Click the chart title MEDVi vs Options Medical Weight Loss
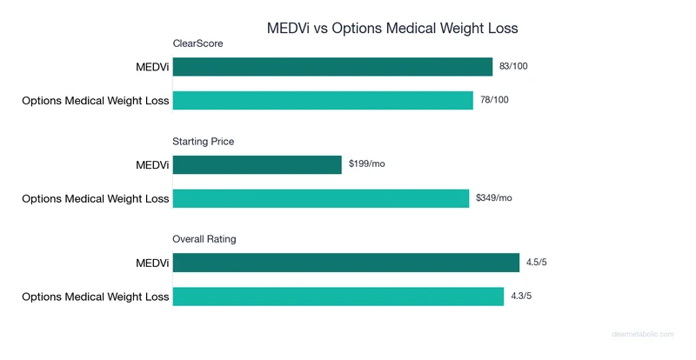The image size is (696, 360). click(x=391, y=28)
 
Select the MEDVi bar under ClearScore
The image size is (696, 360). click(x=332, y=67)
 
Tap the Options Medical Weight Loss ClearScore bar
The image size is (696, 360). click(x=323, y=100)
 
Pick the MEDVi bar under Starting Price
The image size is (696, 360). click(x=258, y=164)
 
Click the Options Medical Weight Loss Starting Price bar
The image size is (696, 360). click(x=321, y=198)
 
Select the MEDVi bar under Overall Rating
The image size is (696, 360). click(x=346, y=263)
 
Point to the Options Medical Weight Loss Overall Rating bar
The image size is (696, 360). click(x=338, y=297)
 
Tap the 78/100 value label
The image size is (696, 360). click(x=494, y=100)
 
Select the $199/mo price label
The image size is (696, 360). click(x=366, y=163)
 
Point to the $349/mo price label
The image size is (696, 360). click(x=494, y=198)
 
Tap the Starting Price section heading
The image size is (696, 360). click(x=204, y=141)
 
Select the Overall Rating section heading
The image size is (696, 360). click(x=204, y=239)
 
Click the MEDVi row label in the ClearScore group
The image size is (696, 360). click(x=152, y=67)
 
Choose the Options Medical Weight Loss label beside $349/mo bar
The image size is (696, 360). click(x=95, y=198)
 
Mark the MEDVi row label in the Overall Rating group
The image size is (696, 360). click(x=152, y=263)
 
